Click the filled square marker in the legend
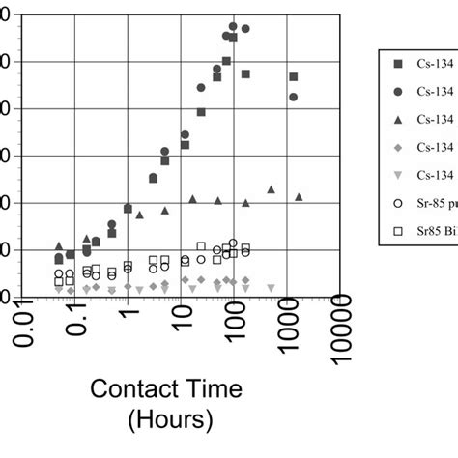pos(397,64)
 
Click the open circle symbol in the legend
pos(397,204)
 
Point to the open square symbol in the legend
pos(397,232)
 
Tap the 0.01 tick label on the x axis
pos(27,334)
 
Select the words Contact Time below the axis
pos(166,389)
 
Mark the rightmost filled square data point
pos(294,77)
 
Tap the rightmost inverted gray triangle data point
pos(271,287)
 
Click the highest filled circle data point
pos(233,26)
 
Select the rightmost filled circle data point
pos(294,97)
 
